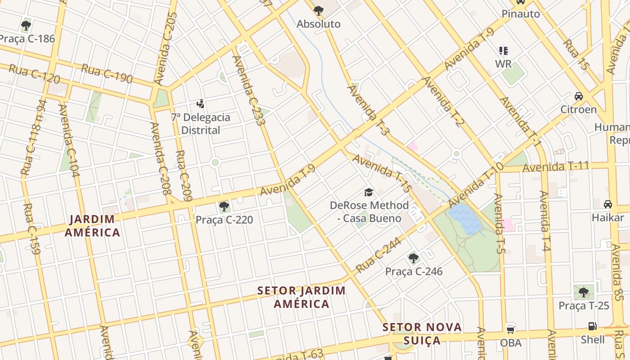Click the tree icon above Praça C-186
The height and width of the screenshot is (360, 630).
point(26,25)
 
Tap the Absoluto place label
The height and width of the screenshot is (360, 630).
point(319,24)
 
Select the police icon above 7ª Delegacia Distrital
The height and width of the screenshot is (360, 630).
point(201,104)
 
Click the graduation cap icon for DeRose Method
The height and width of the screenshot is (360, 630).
point(369,193)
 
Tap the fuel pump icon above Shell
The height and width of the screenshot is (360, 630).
point(593,326)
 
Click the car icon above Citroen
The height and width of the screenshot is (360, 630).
point(579,96)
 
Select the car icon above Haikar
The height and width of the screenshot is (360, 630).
point(608,204)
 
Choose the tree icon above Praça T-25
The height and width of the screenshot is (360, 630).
point(584,292)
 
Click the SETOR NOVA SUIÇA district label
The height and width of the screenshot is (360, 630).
point(422,333)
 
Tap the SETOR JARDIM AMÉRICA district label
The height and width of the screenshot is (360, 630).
point(301,297)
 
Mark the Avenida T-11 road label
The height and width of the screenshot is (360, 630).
point(556,167)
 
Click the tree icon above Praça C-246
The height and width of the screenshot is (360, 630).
point(414,258)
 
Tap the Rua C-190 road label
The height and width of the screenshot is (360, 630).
point(107,74)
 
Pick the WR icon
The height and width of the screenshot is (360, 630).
point(503,50)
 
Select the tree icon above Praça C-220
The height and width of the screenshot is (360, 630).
point(224,207)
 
